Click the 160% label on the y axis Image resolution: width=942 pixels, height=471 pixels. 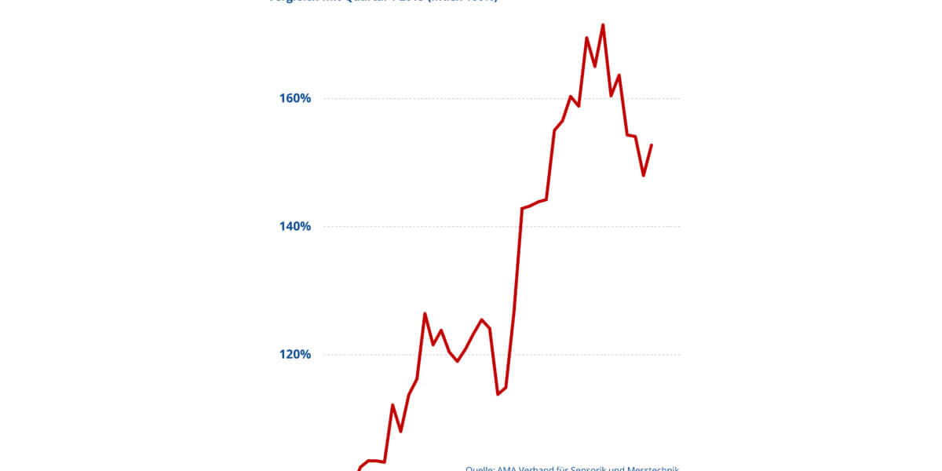coord(294,99)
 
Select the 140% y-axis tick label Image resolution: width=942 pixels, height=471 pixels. coord(294,227)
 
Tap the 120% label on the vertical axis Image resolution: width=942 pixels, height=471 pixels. coord(294,355)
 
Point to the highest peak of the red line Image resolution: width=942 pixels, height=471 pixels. coord(602,25)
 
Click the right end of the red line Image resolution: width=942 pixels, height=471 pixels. coord(652,145)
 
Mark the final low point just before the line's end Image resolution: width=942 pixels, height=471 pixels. coord(643,175)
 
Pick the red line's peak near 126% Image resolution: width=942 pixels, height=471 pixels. coord(425,314)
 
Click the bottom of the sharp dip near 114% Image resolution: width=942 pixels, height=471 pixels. coord(498,393)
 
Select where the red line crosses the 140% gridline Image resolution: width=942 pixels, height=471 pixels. coord(520,227)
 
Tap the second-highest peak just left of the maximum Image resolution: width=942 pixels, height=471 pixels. coord(586,38)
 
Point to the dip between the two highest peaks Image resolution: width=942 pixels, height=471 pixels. coord(594,66)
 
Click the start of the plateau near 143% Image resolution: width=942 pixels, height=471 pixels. coord(522,209)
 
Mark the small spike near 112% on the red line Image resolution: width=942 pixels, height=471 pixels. coord(392,405)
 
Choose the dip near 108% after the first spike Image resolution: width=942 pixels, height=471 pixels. coord(400,431)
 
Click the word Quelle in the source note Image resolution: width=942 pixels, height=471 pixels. coord(479,468)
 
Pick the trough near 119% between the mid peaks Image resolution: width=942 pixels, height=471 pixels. coord(457,361)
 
